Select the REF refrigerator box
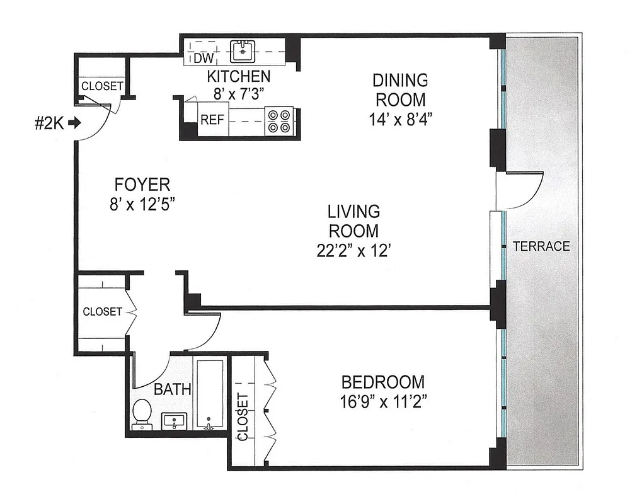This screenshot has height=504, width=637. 212,120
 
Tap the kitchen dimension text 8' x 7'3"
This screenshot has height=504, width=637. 239,94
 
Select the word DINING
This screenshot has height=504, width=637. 400,81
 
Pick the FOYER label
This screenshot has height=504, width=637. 142,185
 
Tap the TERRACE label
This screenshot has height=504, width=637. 541,246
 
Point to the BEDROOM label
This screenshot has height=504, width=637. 382,382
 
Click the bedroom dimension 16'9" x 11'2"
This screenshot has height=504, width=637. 382,401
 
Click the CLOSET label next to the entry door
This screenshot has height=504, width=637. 102,86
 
